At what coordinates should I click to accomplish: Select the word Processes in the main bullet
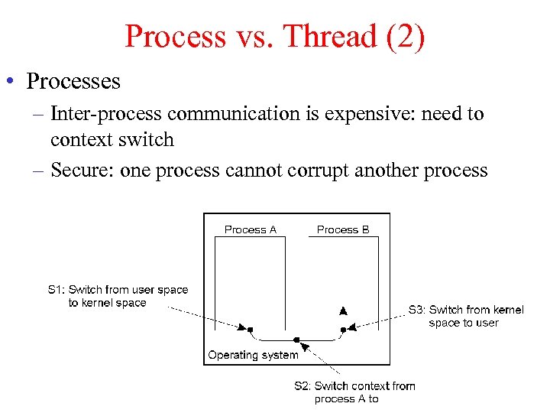click(x=73, y=80)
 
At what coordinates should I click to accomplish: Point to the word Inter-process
click(x=106, y=114)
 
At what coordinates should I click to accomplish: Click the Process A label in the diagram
click(x=250, y=229)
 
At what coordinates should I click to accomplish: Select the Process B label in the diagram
click(x=343, y=229)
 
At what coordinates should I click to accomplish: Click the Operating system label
click(x=253, y=355)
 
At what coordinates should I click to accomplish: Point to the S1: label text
click(x=57, y=290)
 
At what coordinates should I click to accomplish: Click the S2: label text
click(x=302, y=385)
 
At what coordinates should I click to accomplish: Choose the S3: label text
click(x=417, y=310)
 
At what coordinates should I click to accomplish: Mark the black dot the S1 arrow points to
click(x=251, y=330)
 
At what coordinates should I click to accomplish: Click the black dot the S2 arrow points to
click(x=296, y=340)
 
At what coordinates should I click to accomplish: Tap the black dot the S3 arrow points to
click(x=343, y=330)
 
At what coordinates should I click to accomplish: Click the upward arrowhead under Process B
click(x=343, y=311)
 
